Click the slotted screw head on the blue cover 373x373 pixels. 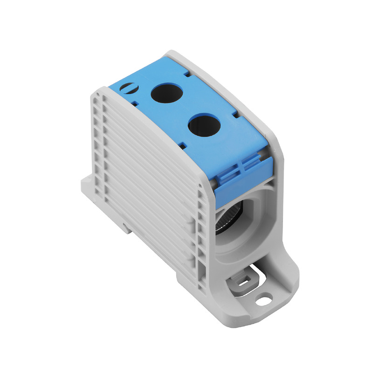pyautogui.click(x=126, y=87)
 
